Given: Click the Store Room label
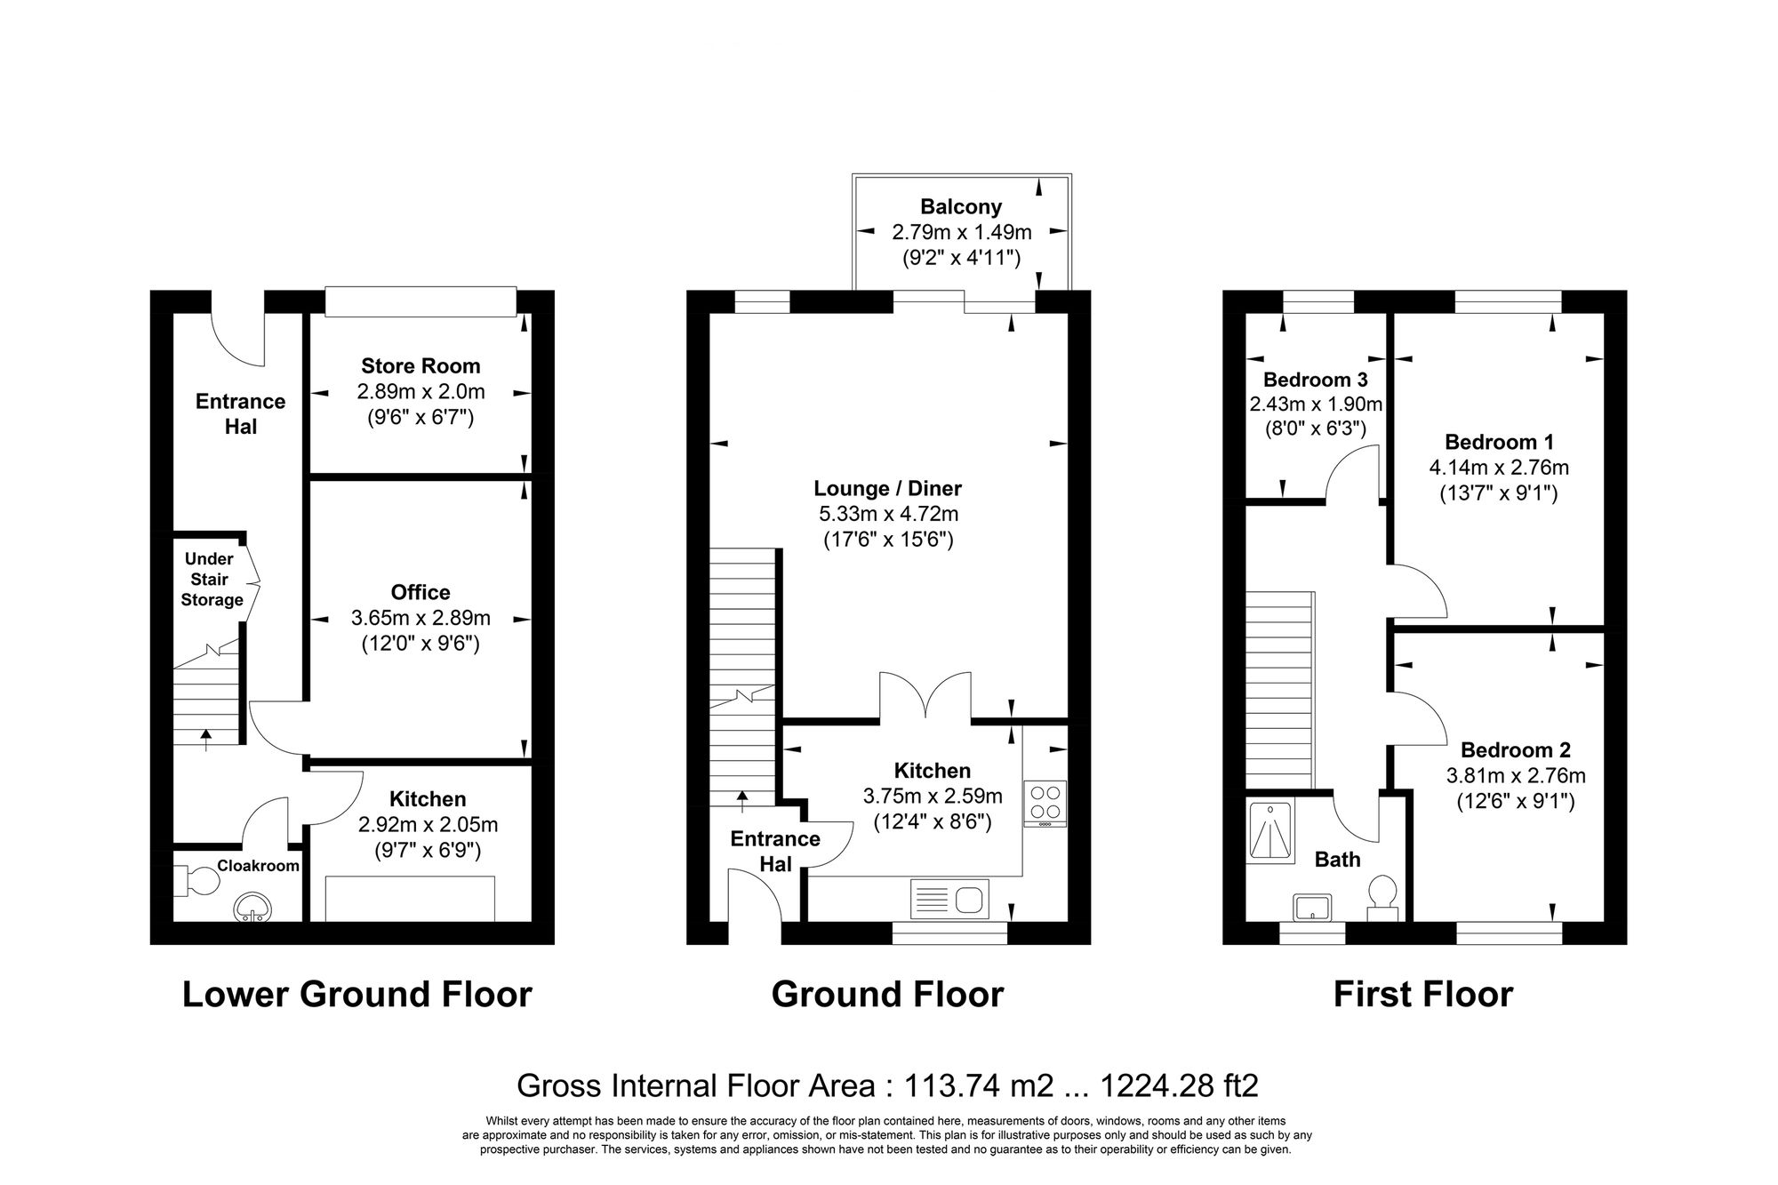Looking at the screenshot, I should click(420, 366).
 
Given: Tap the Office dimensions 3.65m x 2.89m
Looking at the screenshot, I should click(420, 618).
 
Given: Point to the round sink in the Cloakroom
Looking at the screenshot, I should click(252, 908).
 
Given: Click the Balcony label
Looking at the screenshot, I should click(960, 207).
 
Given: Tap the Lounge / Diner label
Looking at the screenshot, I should click(887, 488).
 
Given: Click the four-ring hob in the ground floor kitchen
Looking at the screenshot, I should click(1045, 802).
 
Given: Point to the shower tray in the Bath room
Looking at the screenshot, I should click(1270, 830).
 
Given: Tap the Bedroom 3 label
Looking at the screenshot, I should click(1315, 380).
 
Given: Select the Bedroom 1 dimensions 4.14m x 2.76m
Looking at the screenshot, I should click(1498, 468).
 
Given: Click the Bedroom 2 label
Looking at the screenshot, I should click(1515, 749).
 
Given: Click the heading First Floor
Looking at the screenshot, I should click(1422, 994).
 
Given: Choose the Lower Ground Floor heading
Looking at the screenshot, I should click(356, 994).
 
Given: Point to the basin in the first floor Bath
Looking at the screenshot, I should click(1312, 908).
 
